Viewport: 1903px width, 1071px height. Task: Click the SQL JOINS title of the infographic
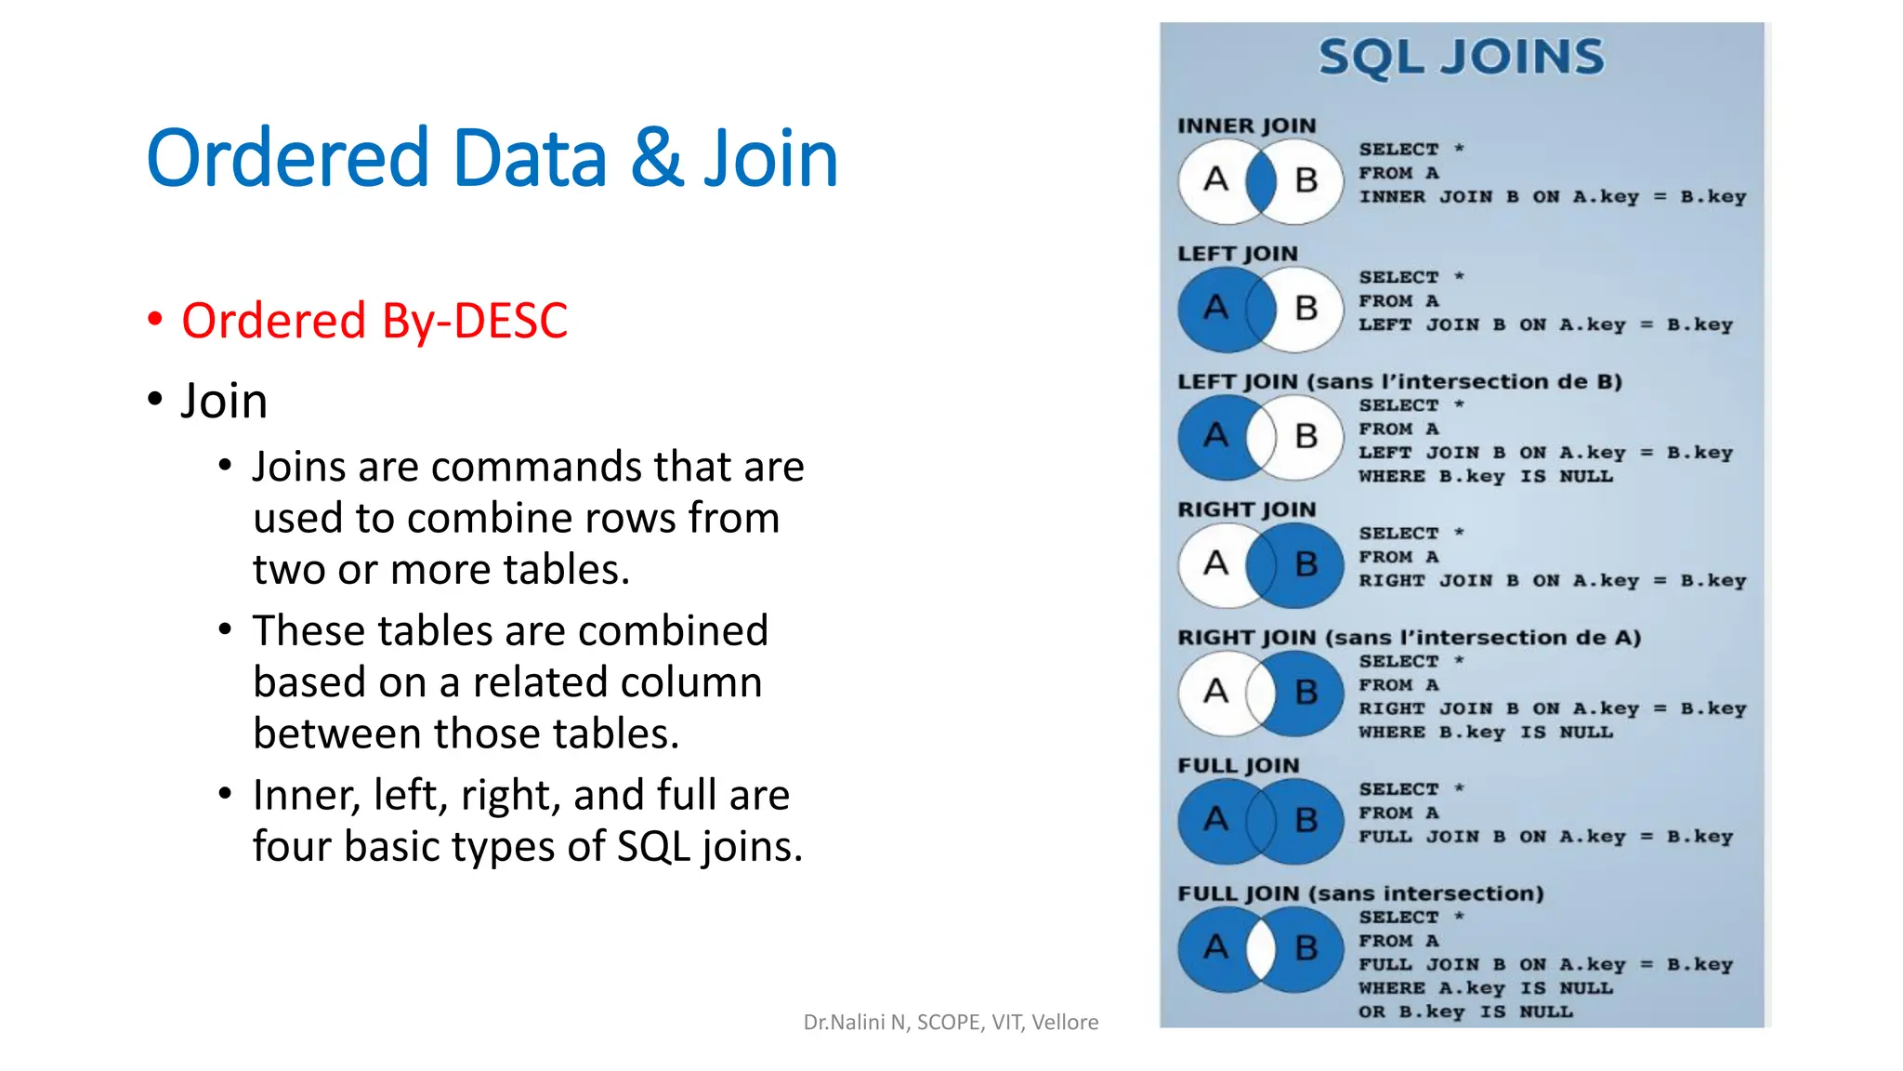click(1461, 57)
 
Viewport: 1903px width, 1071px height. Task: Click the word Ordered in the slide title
click(287, 159)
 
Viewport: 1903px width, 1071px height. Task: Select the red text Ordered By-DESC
click(374, 321)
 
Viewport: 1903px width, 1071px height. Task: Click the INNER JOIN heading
click(1246, 126)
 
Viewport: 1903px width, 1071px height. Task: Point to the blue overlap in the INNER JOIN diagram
click(1261, 181)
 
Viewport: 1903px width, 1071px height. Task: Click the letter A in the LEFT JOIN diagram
click(1215, 307)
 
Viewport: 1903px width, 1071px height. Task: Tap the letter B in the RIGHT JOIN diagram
click(1306, 564)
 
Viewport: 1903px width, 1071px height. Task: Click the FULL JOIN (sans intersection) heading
click(1360, 893)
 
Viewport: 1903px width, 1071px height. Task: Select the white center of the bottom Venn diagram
click(1261, 948)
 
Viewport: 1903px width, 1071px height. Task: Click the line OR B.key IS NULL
click(1464, 1011)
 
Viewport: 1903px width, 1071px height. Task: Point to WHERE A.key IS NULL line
click(1485, 988)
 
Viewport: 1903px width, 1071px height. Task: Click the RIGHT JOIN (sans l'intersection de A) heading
click(1409, 638)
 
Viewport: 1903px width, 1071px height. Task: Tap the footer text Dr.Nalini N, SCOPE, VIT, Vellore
click(951, 1023)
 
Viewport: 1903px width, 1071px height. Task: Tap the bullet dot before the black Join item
click(155, 400)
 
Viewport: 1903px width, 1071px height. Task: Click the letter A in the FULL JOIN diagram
click(1215, 819)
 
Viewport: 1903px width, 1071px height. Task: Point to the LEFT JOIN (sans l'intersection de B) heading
click(1399, 382)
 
